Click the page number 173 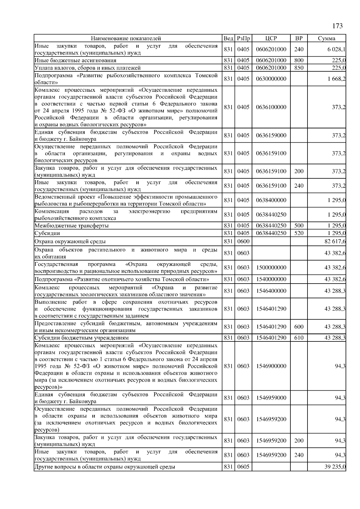(337, 26)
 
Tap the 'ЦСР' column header (271, 38)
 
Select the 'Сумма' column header (327, 38)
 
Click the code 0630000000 (271, 79)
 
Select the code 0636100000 (271, 107)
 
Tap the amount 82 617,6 (335, 241)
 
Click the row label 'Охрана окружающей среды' (70, 241)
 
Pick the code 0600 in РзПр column (243, 241)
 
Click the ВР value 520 (299, 233)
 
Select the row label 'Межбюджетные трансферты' (71, 226)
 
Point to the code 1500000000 (271, 267)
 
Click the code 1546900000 (271, 366)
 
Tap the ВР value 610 (299, 338)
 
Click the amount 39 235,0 (335, 467)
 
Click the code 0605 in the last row (243, 467)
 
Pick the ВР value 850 (299, 68)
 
